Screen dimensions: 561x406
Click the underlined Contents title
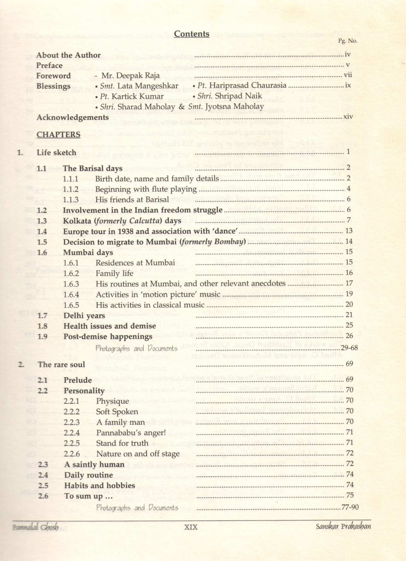[192, 34]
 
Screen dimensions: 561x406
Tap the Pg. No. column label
[347, 41]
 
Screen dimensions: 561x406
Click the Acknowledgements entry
[73, 118]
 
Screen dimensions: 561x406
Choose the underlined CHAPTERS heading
[58, 135]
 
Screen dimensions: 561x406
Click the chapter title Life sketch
[56, 153]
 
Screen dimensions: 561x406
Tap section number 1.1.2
[70, 189]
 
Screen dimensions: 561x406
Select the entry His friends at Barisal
[132, 200]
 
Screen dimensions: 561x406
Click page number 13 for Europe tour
[348, 231]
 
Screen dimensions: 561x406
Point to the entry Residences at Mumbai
[135, 263]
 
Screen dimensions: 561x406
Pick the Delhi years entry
[84, 316]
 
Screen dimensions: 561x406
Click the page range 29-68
[349, 348]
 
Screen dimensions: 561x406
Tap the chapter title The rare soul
[61, 365]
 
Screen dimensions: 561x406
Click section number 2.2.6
[72, 454]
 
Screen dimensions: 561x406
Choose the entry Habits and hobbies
[100, 486]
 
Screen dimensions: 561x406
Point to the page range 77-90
[350, 507]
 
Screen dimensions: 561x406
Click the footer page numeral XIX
[191, 527]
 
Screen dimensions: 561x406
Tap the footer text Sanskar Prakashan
[343, 526]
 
